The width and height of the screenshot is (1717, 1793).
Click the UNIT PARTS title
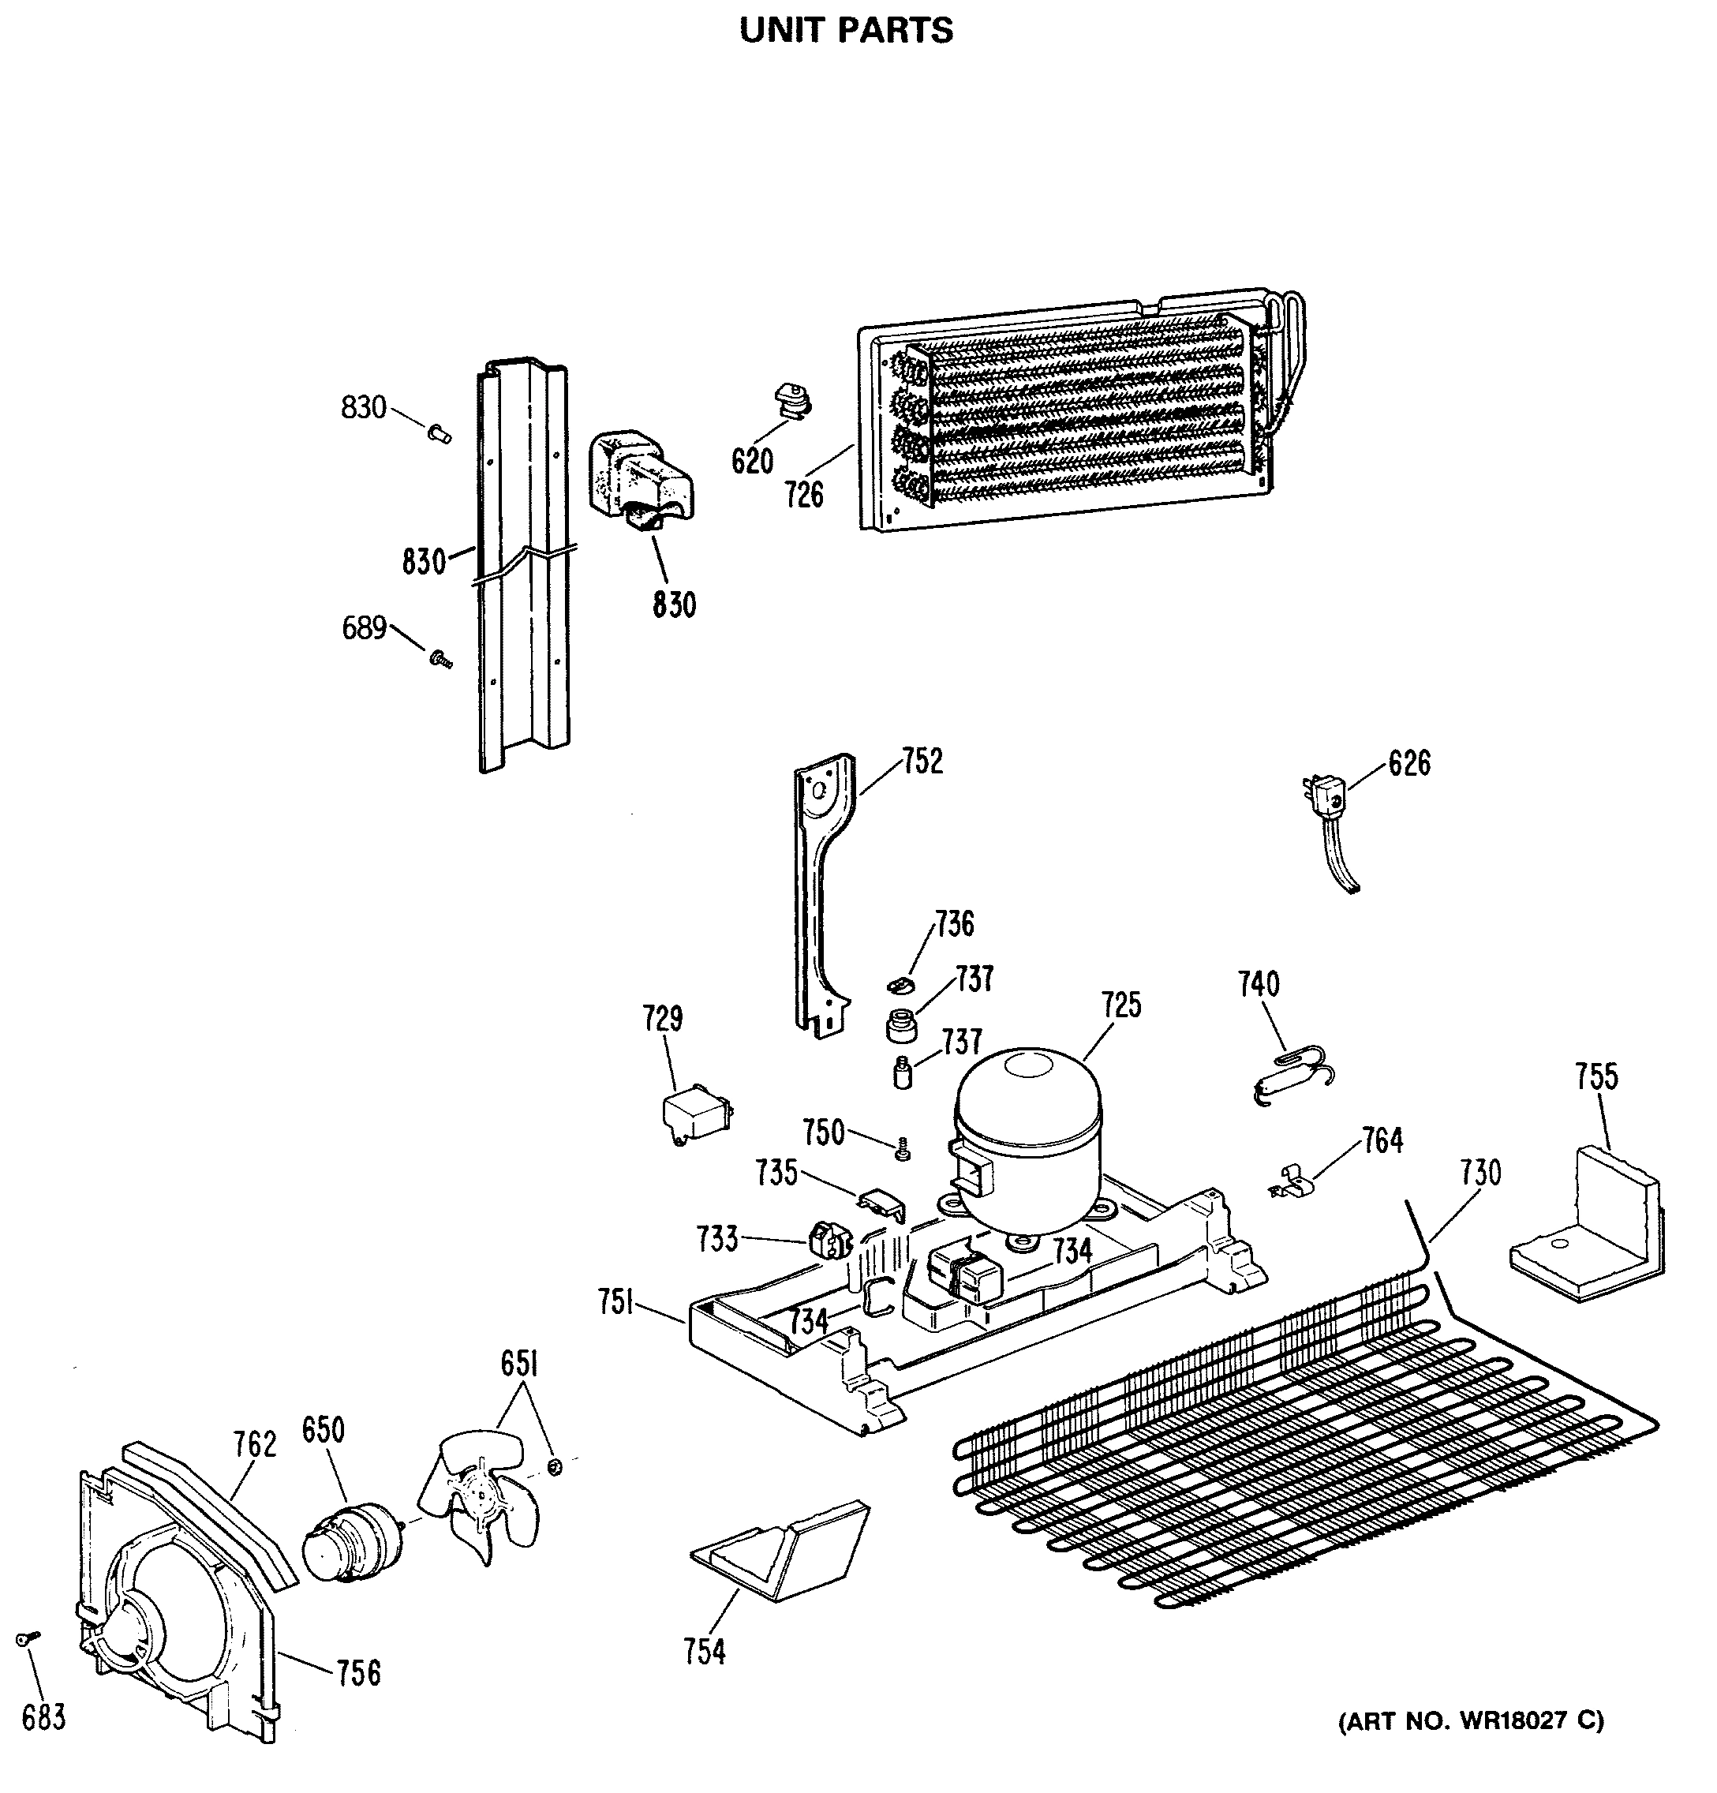(x=846, y=30)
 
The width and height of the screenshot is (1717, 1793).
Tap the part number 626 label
(x=1408, y=763)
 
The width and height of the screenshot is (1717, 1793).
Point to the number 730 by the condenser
(x=1480, y=1173)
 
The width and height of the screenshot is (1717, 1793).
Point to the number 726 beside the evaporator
(x=804, y=495)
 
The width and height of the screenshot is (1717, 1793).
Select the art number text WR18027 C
(x=1470, y=1720)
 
